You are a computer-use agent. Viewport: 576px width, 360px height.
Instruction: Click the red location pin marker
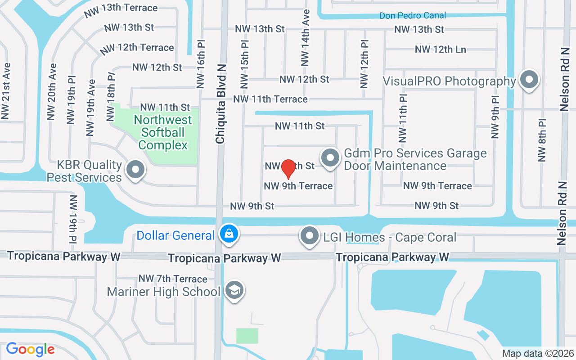(288, 169)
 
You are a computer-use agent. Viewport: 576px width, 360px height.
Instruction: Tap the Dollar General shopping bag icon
(229, 234)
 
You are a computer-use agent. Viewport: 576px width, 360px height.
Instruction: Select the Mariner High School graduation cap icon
(234, 291)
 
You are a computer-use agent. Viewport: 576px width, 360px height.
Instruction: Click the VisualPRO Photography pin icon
(529, 81)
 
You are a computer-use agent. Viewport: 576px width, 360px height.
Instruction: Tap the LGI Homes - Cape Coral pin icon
(310, 236)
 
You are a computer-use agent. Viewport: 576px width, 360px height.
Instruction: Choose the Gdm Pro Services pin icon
(331, 158)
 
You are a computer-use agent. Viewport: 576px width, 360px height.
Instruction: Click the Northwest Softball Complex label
(162, 132)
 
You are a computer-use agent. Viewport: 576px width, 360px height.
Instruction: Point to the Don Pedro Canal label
(413, 16)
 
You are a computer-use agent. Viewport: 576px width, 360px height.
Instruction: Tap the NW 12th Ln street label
(440, 49)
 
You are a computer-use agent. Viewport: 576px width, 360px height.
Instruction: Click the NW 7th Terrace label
(173, 279)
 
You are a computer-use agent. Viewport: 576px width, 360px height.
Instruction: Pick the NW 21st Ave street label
(5, 91)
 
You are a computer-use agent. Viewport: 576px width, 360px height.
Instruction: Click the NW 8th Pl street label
(542, 140)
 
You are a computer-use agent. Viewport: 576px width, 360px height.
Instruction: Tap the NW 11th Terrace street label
(270, 99)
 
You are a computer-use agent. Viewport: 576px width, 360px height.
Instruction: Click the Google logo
(30, 349)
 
